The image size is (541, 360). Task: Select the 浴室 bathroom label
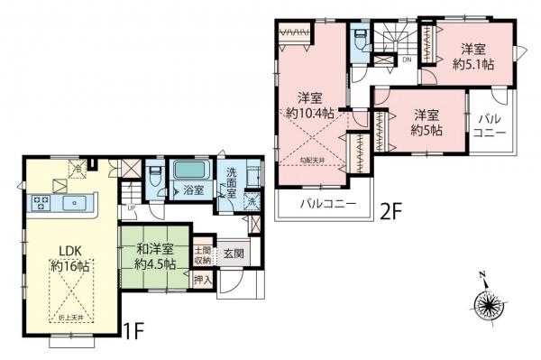pyautogui.click(x=193, y=190)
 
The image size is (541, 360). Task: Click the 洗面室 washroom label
pyautogui.click(x=233, y=184)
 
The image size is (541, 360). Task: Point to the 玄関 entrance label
pyautogui.click(x=234, y=254)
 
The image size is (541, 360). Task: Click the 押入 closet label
pyautogui.click(x=204, y=281)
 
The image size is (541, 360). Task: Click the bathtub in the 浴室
pyautogui.click(x=189, y=170)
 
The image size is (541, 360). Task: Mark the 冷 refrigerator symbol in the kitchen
pyautogui.click(x=79, y=167)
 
